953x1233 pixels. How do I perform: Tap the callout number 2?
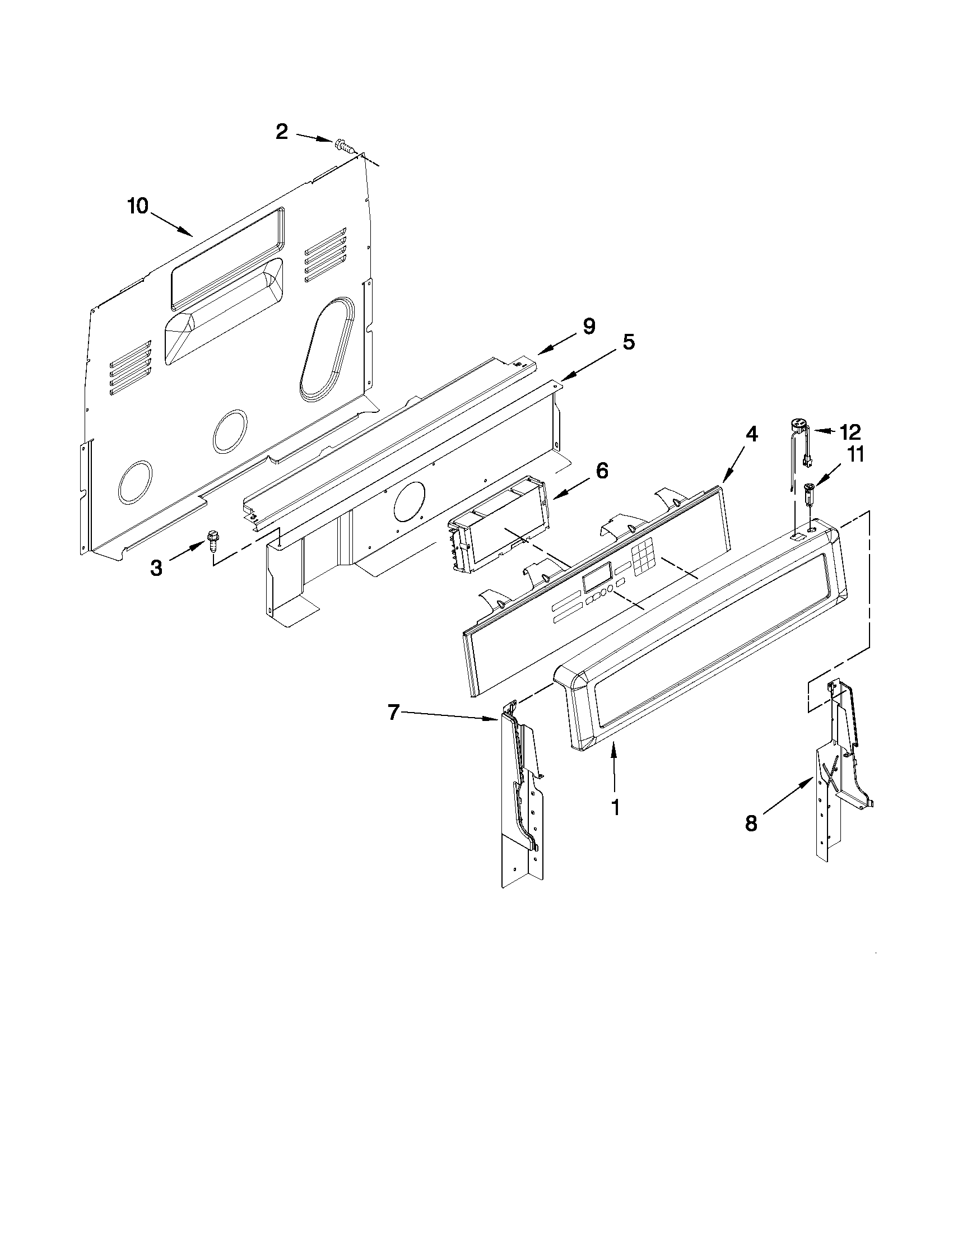pyautogui.click(x=282, y=132)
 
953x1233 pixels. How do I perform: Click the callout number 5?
pyautogui.click(x=629, y=342)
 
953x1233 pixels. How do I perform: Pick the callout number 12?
pyautogui.click(x=850, y=432)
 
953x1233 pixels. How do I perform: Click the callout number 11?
pyautogui.click(x=856, y=455)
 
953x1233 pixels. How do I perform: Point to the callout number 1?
pyautogui.click(x=615, y=807)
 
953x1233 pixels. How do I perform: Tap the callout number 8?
pyautogui.click(x=751, y=823)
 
